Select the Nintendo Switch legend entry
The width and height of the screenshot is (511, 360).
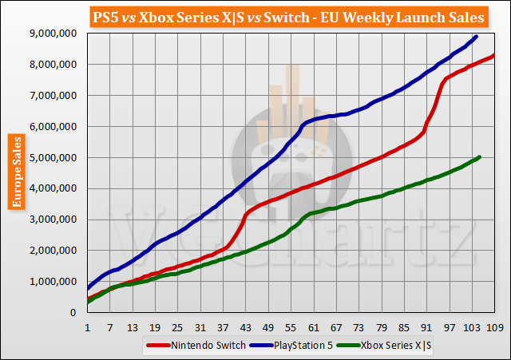pos(184,346)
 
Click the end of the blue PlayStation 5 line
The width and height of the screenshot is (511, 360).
pos(477,36)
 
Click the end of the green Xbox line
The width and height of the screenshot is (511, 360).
pos(480,156)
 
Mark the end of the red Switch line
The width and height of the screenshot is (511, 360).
pos(495,54)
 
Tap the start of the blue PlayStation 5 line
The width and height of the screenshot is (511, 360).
pos(87,287)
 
